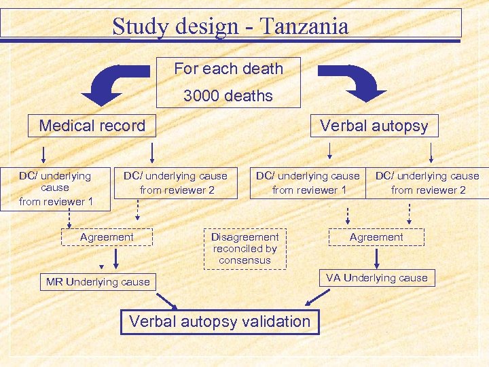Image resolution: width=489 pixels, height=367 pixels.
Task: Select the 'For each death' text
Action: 228,69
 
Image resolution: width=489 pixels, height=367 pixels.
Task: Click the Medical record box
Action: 92,126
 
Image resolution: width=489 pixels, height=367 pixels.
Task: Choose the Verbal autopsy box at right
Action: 374,126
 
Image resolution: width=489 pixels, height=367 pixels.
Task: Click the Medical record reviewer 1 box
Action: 55,188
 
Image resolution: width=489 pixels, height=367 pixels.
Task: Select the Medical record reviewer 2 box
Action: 177,183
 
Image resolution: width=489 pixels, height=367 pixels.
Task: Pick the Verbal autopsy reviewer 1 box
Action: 308,183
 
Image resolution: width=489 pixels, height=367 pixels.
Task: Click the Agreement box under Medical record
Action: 107,237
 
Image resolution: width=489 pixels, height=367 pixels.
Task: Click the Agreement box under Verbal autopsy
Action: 376,237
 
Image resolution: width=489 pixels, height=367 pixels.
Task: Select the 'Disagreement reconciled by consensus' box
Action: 244,248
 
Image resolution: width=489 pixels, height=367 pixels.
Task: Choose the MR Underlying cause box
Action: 98,281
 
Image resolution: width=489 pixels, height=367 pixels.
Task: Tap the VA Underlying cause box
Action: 376,277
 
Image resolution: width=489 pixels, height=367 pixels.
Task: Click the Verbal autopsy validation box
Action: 219,321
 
